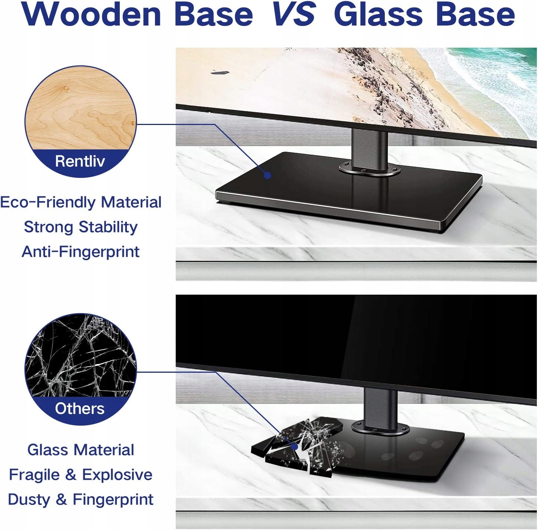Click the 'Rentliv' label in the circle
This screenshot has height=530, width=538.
tap(80, 161)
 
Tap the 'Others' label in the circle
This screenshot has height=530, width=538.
tap(80, 408)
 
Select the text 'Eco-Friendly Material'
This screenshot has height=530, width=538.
tap(81, 202)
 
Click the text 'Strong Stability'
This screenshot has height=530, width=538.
tap(81, 227)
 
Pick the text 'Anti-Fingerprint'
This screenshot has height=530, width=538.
tap(81, 251)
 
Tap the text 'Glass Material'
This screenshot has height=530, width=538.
tap(81, 450)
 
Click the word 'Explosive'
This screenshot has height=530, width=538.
tap(117, 475)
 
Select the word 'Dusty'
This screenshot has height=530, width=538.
tap(29, 500)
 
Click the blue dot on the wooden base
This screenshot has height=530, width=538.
tap(267, 176)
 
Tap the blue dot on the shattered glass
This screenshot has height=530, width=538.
tap(295, 447)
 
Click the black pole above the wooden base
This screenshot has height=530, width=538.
tap(369, 148)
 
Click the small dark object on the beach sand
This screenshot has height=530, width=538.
tap(220, 73)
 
